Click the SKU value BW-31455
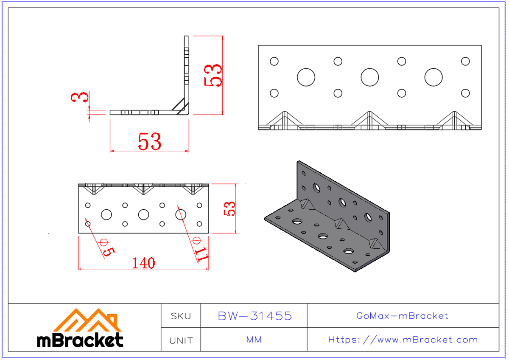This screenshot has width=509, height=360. (x=255, y=316)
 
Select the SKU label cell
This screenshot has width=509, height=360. (x=181, y=316)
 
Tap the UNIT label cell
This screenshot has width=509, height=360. (x=181, y=340)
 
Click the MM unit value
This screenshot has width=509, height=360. (x=254, y=340)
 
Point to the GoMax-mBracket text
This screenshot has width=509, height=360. (x=402, y=316)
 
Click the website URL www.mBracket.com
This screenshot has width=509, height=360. (x=403, y=340)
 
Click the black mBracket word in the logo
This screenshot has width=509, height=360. (x=80, y=340)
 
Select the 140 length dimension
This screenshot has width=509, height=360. (x=143, y=263)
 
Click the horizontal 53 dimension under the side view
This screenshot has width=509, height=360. (x=149, y=142)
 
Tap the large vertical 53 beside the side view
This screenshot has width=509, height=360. (x=213, y=75)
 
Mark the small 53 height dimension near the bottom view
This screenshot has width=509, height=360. (x=230, y=208)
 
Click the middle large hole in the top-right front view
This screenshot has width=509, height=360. (x=369, y=77)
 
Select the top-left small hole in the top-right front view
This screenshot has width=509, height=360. (x=274, y=61)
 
